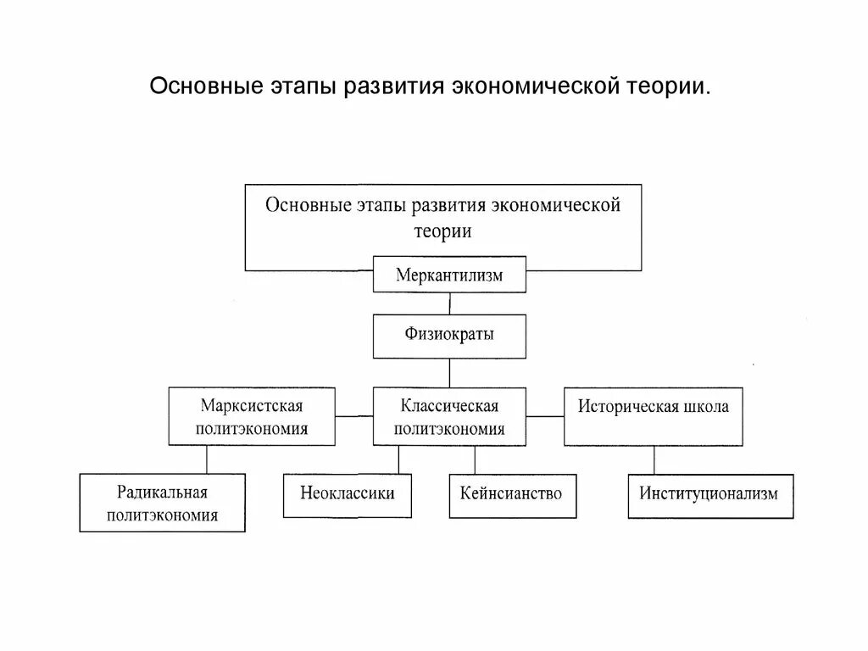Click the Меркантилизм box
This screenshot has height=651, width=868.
point(449,275)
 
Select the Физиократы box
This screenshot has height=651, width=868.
point(449,335)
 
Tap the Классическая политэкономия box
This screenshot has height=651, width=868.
point(449,416)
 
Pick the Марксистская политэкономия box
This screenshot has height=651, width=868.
point(252,416)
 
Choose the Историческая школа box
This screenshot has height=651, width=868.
point(653,416)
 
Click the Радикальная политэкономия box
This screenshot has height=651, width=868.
point(163,503)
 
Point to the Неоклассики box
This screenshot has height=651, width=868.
point(348,492)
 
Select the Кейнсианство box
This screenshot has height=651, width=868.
point(511,492)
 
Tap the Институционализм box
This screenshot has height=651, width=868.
point(710,495)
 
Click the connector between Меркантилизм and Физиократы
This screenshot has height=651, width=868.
point(449,303)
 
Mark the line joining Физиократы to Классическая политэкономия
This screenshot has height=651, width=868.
point(449,373)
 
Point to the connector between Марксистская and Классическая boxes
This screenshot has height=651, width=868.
point(354,416)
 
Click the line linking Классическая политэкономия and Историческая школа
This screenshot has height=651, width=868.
point(545,416)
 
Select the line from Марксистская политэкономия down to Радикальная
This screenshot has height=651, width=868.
point(208,459)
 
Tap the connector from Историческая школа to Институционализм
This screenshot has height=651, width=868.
point(654,460)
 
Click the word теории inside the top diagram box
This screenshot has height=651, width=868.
point(442,230)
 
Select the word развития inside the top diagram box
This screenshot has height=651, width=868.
point(442,206)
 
